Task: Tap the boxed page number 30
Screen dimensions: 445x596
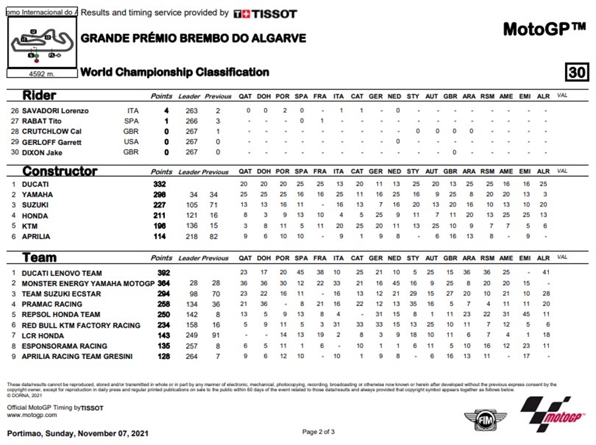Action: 577,72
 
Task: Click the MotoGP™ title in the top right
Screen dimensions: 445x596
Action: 544,29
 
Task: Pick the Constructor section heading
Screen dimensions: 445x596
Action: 60,171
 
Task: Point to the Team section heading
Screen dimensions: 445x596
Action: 39,257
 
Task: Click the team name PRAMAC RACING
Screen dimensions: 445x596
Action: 52,304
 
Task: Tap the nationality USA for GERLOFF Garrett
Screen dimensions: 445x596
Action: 132,142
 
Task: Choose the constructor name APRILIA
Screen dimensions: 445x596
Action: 37,236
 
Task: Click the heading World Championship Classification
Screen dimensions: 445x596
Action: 175,72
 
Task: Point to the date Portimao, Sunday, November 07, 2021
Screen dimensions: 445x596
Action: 77,433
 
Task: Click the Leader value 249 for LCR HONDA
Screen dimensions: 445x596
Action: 193,335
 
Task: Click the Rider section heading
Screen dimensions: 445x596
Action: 39,95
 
